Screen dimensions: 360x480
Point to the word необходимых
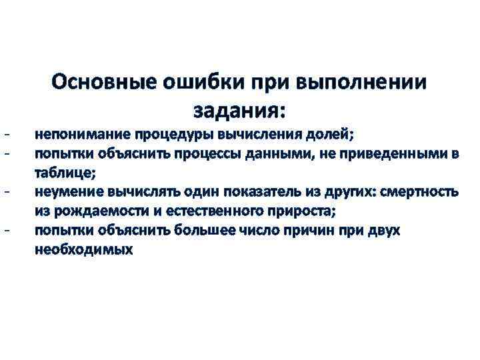tap(84, 251)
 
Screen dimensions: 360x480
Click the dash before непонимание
tap(6, 134)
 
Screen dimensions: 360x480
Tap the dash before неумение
tap(6, 193)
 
